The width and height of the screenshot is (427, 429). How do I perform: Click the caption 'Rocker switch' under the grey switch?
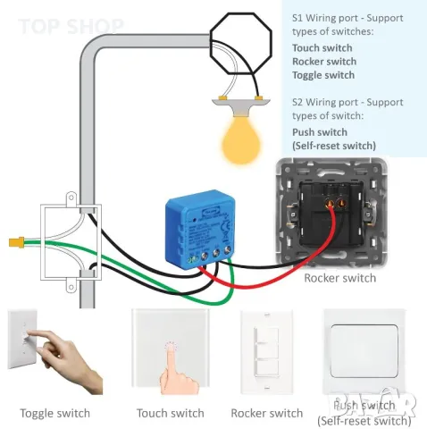pos(339,278)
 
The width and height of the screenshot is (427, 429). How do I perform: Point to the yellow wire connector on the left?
pos(13,242)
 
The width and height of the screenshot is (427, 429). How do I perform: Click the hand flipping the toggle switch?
pos(67,362)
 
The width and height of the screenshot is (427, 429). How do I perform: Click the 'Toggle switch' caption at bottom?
pos(55,413)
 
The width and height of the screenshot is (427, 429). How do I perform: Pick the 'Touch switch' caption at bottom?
pos(170,413)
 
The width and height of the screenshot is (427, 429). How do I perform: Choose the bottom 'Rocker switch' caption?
pos(266,413)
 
